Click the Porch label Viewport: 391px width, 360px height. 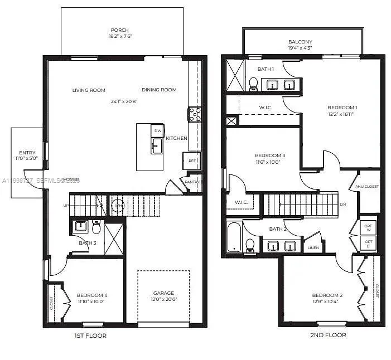(x=120, y=30)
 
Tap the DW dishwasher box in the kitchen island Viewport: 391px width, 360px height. (x=158, y=131)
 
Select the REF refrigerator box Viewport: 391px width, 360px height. (x=192, y=160)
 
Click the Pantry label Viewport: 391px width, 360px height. (x=192, y=182)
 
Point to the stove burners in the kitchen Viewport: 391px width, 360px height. (x=195, y=114)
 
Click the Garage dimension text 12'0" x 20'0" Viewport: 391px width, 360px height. (x=164, y=300)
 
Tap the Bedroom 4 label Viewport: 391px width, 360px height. (x=92, y=295)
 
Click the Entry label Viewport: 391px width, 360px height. (x=27, y=153)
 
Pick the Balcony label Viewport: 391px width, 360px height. (x=300, y=42)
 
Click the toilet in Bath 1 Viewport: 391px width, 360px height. (x=253, y=84)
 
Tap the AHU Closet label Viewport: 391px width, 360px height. (x=367, y=187)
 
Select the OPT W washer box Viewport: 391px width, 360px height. (x=368, y=228)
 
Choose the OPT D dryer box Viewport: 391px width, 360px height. (x=368, y=243)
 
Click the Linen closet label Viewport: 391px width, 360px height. (x=313, y=247)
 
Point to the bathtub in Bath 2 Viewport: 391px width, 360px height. (x=234, y=237)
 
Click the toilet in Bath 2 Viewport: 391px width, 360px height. (x=250, y=245)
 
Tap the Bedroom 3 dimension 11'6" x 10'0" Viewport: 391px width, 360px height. (x=270, y=162)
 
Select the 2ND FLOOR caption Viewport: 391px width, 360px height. (x=328, y=335)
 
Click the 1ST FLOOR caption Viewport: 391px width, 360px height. (x=90, y=335)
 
